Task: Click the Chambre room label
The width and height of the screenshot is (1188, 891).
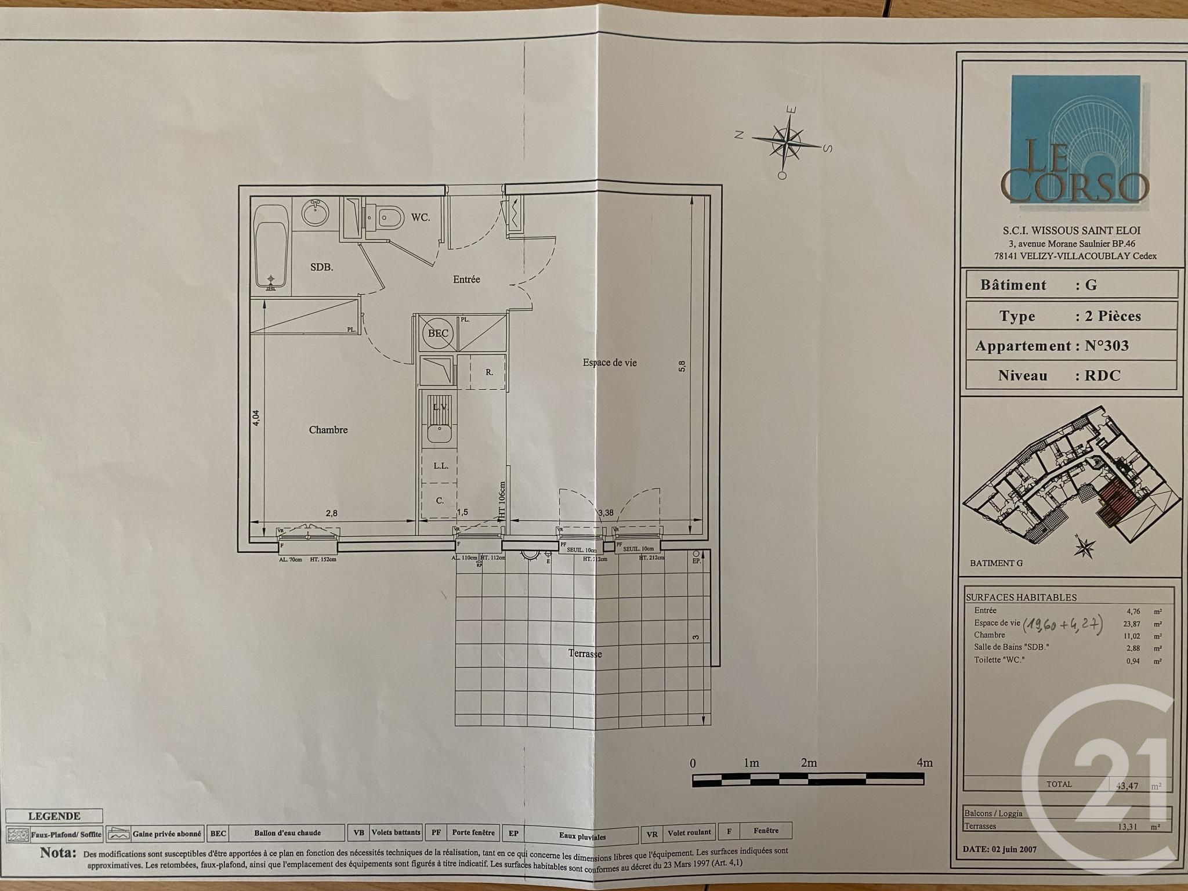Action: pyautogui.click(x=328, y=430)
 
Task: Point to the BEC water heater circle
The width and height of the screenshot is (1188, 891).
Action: pyautogui.click(x=438, y=333)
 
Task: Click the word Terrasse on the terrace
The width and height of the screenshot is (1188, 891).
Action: pyautogui.click(x=585, y=654)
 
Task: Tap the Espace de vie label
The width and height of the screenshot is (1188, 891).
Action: pyautogui.click(x=610, y=363)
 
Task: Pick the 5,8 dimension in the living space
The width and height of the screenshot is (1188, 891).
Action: pyautogui.click(x=682, y=365)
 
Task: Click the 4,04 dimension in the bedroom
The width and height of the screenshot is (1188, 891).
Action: pyautogui.click(x=256, y=418)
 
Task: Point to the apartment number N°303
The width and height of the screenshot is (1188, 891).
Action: pyautogui.click(x=1107, y=346)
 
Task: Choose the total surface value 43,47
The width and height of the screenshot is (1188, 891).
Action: pyautogui.click(x=1127, y=786)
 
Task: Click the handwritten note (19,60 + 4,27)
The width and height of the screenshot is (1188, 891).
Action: pyautogui.click(x=1062, y=624)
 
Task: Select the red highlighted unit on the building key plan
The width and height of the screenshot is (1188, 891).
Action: pyautogui.click(x=1117, y=505)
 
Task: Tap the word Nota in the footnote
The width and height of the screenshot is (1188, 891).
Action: pyautogui.click(x=58, y=853)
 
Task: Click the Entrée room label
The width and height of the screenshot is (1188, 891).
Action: pyautogui.click(x=466, y=279)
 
